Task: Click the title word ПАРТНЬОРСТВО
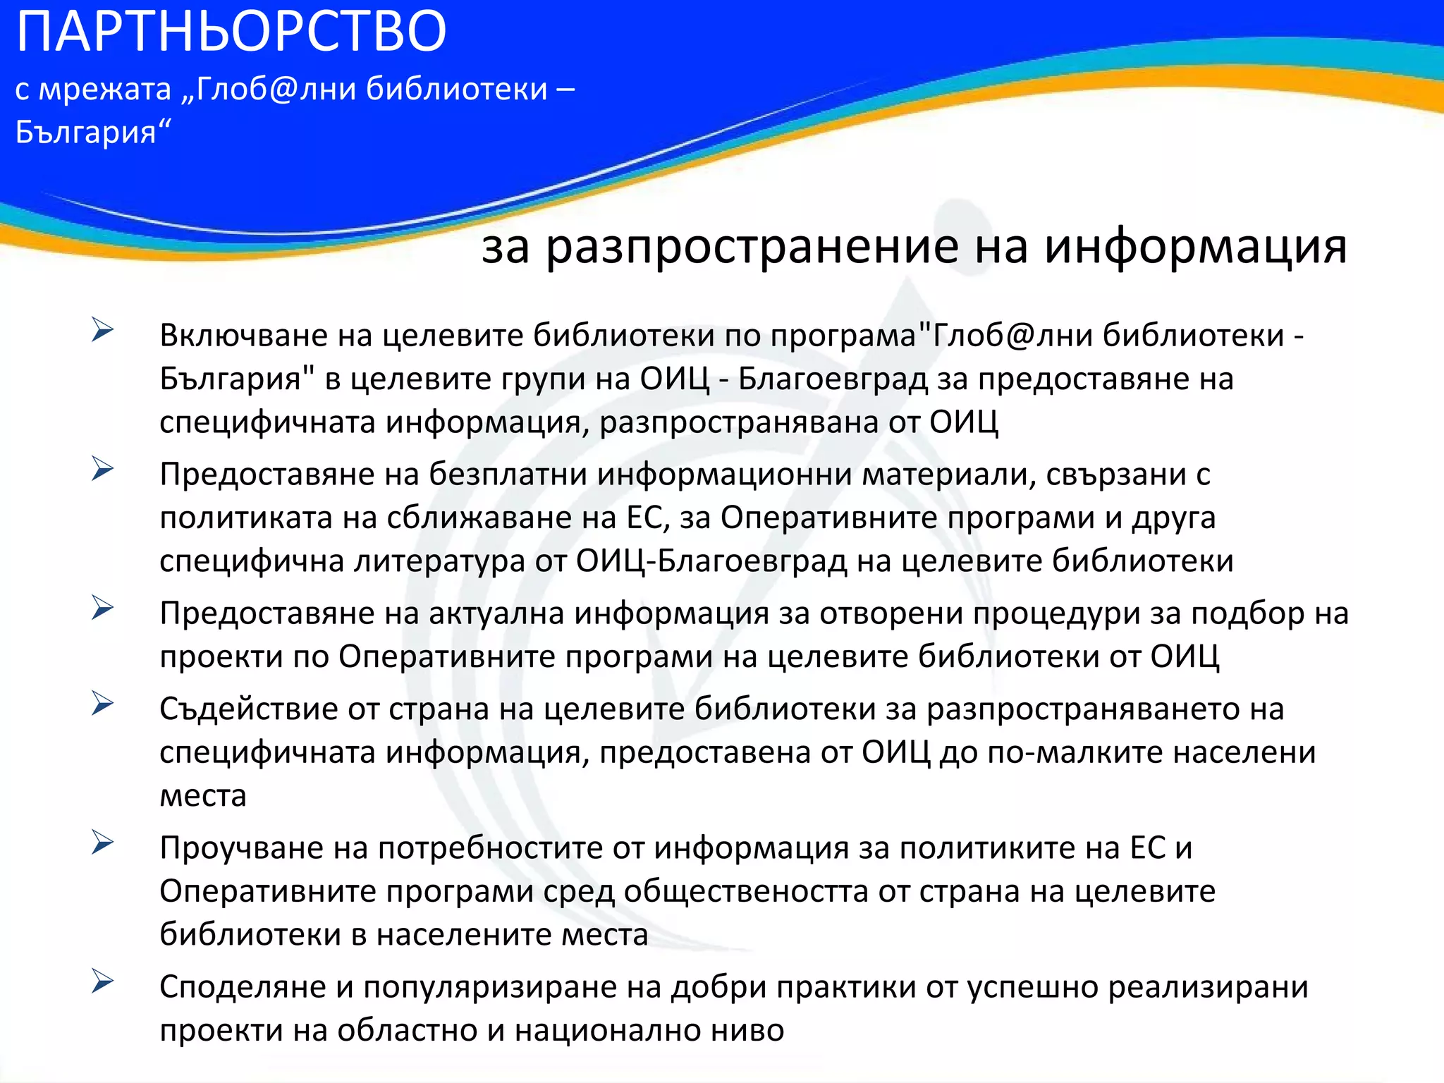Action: point(231,32)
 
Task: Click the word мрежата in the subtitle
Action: point(104,90)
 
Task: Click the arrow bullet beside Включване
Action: point(102,330)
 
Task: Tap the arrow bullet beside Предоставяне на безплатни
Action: point(102,469)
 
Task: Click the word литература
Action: point(439,561)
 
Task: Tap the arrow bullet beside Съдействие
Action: point(102,704)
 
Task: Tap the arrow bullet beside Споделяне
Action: point(102,981)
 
